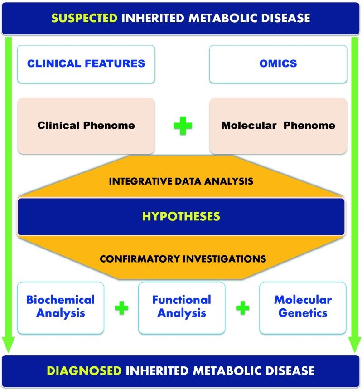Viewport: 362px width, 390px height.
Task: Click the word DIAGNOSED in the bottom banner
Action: [84, 370]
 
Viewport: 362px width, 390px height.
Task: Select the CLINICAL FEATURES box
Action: [86, 63]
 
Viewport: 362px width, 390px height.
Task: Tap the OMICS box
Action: [278, 63]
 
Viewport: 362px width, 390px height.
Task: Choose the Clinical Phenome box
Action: [86, 125]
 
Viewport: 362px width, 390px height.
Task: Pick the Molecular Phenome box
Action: [278, 125]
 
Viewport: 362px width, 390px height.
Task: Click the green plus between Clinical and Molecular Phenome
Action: [183, 126]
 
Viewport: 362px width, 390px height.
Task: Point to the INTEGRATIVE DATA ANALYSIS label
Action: [181, 181]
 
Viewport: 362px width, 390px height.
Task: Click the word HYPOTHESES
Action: [181, 216]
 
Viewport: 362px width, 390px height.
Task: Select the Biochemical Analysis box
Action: [60, 307]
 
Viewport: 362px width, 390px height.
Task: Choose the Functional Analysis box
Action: [181, 307]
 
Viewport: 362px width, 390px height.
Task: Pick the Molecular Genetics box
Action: [303, 307]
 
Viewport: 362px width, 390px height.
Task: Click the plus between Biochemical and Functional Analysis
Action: [121, 308]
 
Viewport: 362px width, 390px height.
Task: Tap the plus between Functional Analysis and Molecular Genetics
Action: [243, 308]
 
